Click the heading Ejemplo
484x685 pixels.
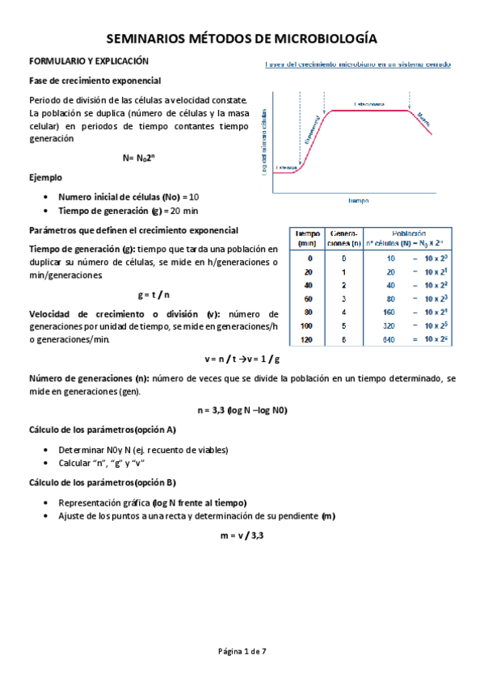(x=45, y=177)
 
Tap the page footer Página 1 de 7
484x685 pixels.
(x=242, y=650)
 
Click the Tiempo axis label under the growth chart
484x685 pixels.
(x=359, y=200)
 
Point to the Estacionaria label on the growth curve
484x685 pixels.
(x=368, y=105)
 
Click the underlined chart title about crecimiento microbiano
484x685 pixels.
(x=358, y=64)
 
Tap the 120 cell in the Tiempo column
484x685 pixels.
(x=305, y=340)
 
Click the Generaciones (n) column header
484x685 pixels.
(x=344, y=237)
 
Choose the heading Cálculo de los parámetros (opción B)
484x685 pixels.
(x=103, y=483)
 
